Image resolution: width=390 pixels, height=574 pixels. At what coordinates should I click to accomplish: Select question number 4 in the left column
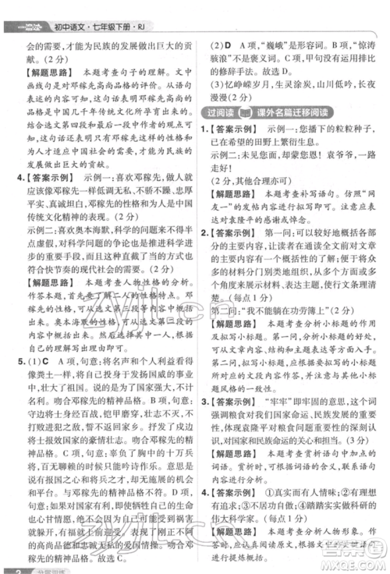[10, 177]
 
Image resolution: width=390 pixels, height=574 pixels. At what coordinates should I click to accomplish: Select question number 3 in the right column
[204, 383]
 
